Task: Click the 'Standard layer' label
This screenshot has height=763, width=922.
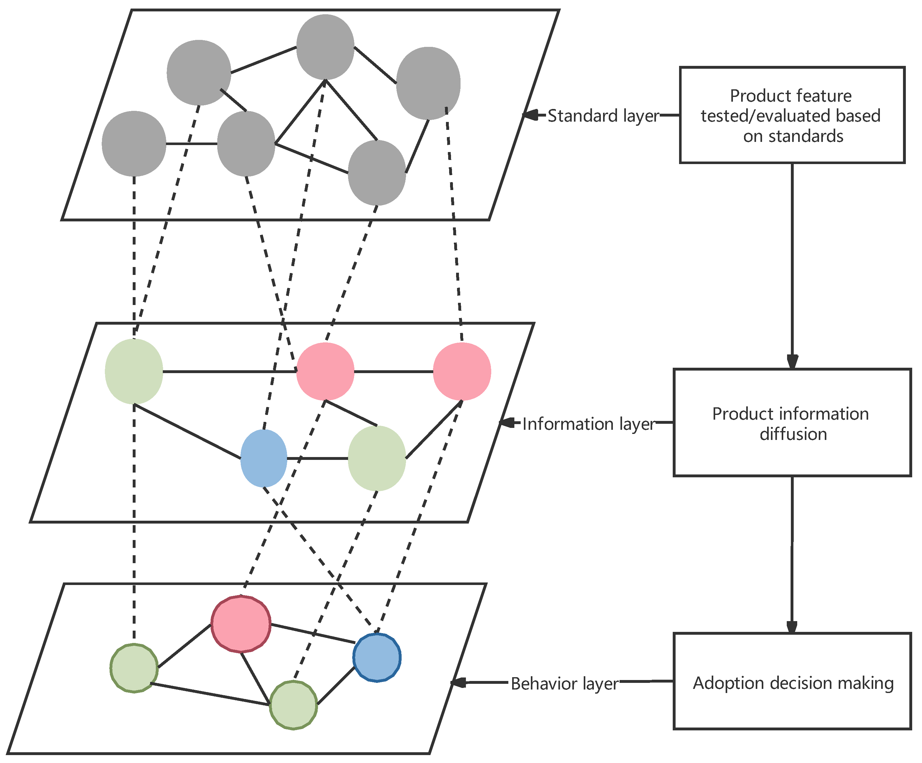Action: [603, 116]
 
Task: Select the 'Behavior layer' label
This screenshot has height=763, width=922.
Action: [565, 684]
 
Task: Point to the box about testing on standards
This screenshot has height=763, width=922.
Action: [792, 115]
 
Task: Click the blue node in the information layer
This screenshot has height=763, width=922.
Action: [264, 458]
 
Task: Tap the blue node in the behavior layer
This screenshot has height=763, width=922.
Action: [377, 657]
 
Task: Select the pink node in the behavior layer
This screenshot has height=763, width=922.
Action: [241, 624]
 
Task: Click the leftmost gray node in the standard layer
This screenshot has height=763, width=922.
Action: [134, 143]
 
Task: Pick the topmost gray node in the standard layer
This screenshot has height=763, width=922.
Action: [325, 47]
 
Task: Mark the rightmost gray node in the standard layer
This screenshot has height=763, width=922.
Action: [428, 83]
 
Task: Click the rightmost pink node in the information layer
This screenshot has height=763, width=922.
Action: [462, 372]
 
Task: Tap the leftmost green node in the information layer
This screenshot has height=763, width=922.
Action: [134, 372]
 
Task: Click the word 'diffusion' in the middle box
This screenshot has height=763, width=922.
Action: [793, 434]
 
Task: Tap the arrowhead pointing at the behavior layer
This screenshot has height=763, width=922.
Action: [459, 683]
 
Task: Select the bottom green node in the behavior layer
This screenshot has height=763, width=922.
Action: [293, 705]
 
